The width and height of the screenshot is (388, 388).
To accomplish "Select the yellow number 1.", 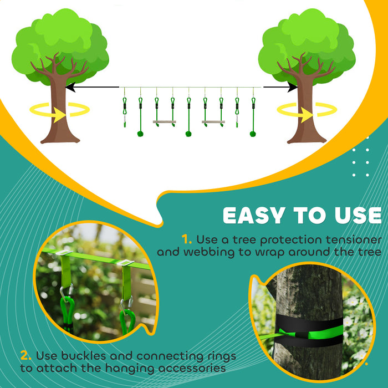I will click(187, 240).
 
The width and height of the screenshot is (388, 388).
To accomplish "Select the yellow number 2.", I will click(25, 355).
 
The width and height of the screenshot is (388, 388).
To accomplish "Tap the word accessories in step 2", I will click(188, 367).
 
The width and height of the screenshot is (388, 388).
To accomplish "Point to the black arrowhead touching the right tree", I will click(293, 87).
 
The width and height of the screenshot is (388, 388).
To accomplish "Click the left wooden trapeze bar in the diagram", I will click(165, 121).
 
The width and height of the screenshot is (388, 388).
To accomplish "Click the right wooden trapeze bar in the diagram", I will click(213, 121).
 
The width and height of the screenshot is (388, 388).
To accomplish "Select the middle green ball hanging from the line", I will click(189, 134).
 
